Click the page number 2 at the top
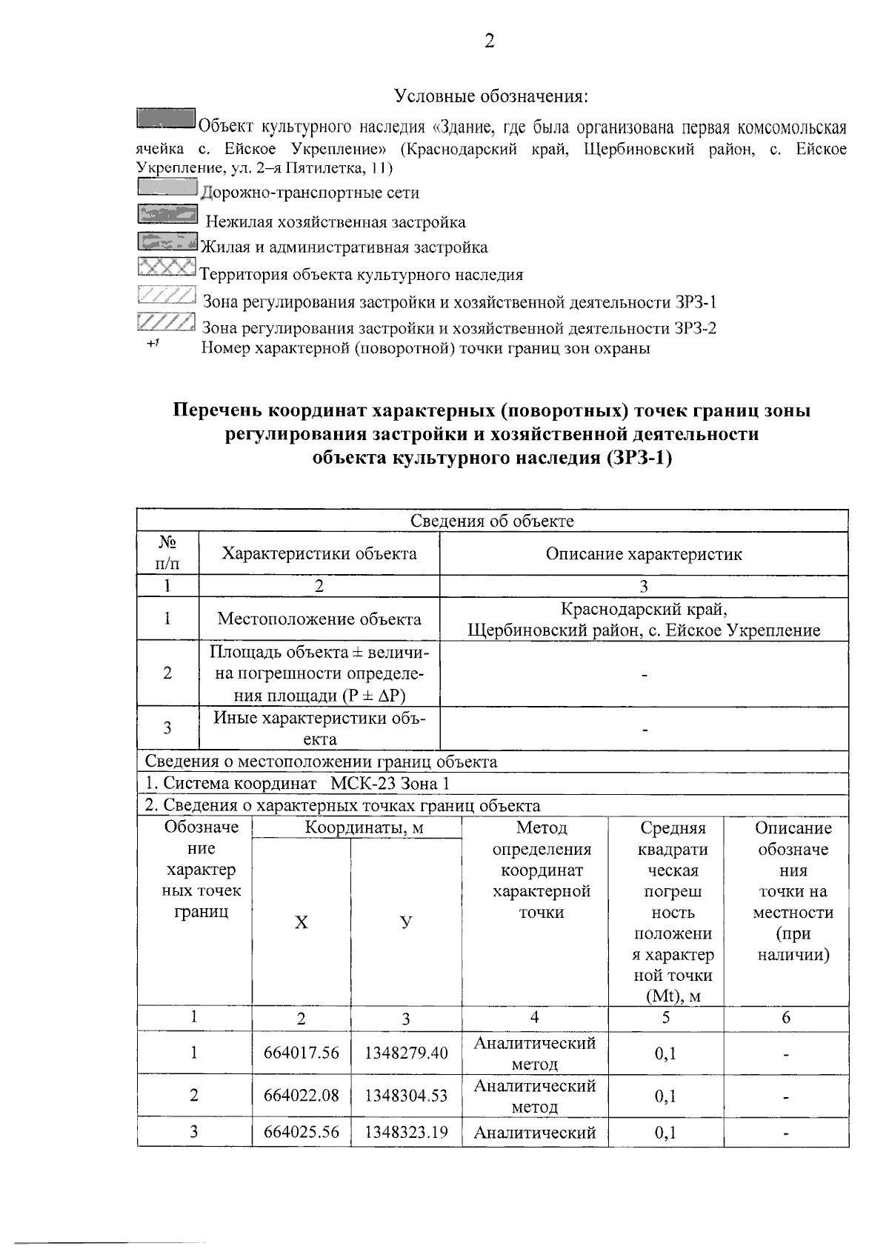click(489, 41)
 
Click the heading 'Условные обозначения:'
click(491, 96)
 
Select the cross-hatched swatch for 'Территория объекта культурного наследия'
click(167, 266)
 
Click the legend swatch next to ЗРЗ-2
click(167, 322)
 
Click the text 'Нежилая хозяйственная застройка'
click(335, 222)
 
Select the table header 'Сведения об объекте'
click(492, 521)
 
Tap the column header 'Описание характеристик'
click(643, 553)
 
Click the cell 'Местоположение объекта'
click(319, 619)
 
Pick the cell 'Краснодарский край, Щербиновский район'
click(643, 619)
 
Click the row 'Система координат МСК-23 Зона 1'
click(296, 784)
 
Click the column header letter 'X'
click(301, 922)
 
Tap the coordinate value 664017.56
click(301, 1053)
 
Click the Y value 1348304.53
click(406, 1096)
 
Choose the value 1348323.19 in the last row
click(406, 1132)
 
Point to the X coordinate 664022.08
click(301, 1096)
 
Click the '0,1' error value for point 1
click(665, 1053)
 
